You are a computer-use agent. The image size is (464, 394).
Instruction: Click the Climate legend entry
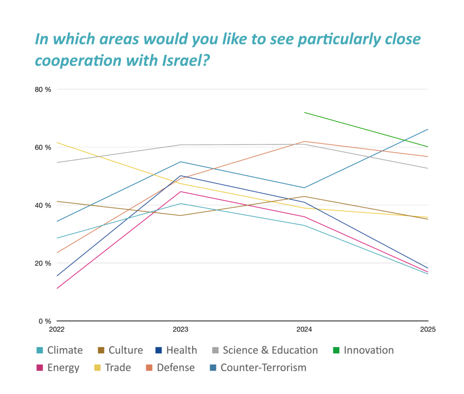[59, 350]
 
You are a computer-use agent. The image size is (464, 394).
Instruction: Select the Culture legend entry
[120, 350]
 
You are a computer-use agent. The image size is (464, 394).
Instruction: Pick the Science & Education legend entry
[265, 350]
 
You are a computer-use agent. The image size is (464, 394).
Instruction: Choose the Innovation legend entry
[362, 350]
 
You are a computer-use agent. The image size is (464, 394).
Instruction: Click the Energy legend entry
[58, 367]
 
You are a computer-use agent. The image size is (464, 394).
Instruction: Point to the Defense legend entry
[169, 367]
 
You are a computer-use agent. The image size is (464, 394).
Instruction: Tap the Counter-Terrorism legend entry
[257, 367]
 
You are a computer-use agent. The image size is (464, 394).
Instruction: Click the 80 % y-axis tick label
[43, 89]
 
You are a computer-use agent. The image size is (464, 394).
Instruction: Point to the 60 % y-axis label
[43, 147]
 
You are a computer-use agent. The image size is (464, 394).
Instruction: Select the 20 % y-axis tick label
[43, 263]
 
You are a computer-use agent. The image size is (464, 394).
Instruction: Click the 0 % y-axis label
[45, 321]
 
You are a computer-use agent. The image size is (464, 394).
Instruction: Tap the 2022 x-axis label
[57, 329]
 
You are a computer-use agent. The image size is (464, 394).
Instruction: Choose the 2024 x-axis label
[304, 329]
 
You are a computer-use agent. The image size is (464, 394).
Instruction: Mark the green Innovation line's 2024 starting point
[304, 112]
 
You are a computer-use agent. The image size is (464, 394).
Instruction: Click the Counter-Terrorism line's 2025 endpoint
[428, 130]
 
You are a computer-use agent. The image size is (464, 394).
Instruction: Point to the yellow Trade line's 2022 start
[57, 143]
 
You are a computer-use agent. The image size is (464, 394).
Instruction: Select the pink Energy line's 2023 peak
[181, 192]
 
